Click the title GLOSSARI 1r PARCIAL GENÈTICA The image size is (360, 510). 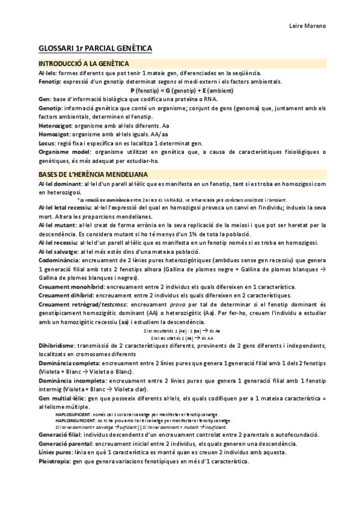point(95,48)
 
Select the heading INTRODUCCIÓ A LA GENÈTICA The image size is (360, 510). point(81,64)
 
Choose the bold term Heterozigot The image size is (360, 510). point(55,126)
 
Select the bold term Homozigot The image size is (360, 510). point(53,135)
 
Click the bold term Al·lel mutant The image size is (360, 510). point(58,225)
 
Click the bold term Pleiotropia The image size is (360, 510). point(55,461)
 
